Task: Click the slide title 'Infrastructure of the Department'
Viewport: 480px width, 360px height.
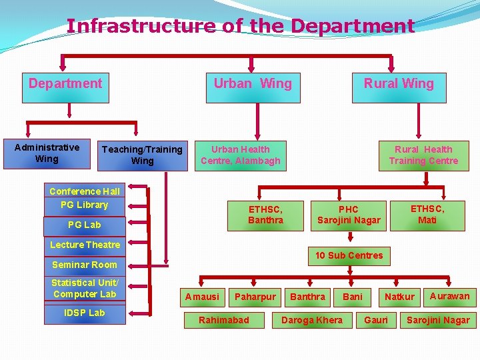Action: [x=240, y=26]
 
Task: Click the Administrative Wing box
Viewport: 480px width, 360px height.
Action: [x=47, y=153]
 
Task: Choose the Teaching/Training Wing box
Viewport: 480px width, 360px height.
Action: [x=142, y=155]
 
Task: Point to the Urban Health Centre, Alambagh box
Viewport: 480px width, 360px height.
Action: [x=241, y=155]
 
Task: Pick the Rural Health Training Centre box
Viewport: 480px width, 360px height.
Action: [x=423, y=155]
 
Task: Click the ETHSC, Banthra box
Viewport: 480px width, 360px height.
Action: [x=265, y=215]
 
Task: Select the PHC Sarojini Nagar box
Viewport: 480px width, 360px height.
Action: [x=349, y=215]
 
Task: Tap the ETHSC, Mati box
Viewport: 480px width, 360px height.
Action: [x=427, y=214]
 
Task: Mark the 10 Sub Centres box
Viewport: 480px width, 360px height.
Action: [x=349, y=255]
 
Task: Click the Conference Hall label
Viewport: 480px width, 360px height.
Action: [x=85, y=191]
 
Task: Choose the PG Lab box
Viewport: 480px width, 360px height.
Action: [x=85, y=225]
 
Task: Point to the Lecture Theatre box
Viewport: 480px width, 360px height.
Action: [x=85, y=245]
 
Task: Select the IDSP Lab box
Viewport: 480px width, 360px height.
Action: [x=85, y=313]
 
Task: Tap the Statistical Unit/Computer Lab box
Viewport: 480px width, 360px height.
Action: [x=85, y=289]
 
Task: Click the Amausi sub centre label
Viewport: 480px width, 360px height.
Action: [x=202, y=297]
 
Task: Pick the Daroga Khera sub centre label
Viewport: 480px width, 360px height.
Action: [x=312, y=320]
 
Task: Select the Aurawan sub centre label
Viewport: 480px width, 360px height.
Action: [x=449, y=296]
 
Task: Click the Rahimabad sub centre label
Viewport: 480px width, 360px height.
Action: [x=224, y=320]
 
